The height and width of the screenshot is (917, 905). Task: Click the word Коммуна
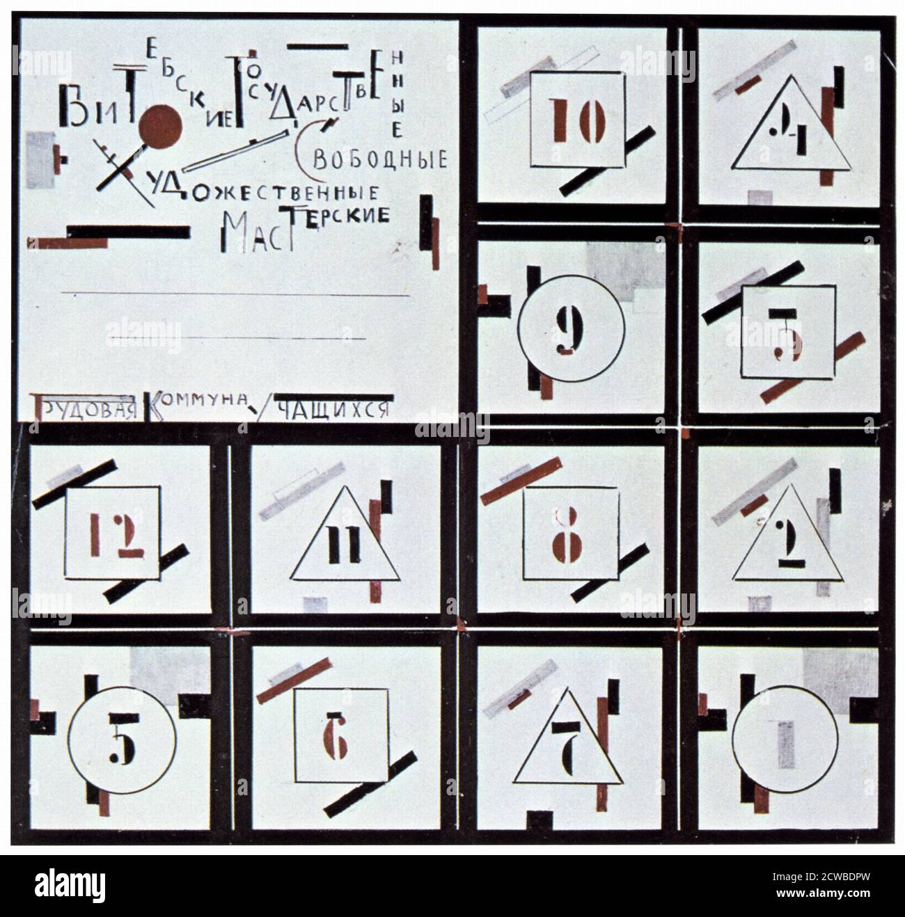pos(198,403)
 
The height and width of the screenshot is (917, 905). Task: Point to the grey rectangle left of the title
pos(40,159)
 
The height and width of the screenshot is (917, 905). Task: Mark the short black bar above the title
pos(317,47)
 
